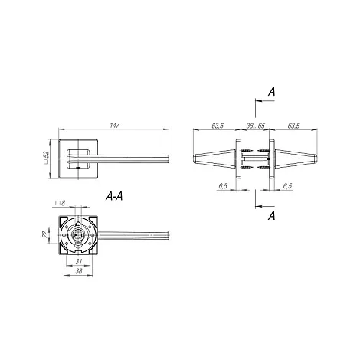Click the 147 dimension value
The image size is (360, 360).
point(115,126)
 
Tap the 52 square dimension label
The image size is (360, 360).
point(46,157)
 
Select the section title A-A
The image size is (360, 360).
point(114,196)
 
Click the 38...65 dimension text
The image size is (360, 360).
point(256,126)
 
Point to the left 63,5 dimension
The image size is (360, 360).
point(218,126)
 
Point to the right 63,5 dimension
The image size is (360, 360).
point(293,126)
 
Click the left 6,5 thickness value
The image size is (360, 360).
point(223,186)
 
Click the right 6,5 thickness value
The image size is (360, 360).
point(287,186)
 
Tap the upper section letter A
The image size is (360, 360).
point(272,91)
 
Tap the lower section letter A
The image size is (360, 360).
point(272,216)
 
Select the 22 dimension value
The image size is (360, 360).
point(45,234)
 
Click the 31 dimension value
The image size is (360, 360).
point(79,261)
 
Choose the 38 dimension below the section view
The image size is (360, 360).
point(79,271)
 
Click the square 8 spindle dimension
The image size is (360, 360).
point(61,203)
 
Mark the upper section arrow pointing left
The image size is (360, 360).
point(265,101)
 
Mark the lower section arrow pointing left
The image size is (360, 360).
point(265,206)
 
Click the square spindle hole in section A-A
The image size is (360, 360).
point(78,234)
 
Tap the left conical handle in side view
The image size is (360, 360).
point(214,159)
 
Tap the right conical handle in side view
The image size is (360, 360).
point(296,159)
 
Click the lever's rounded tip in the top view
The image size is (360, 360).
point(168,159)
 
